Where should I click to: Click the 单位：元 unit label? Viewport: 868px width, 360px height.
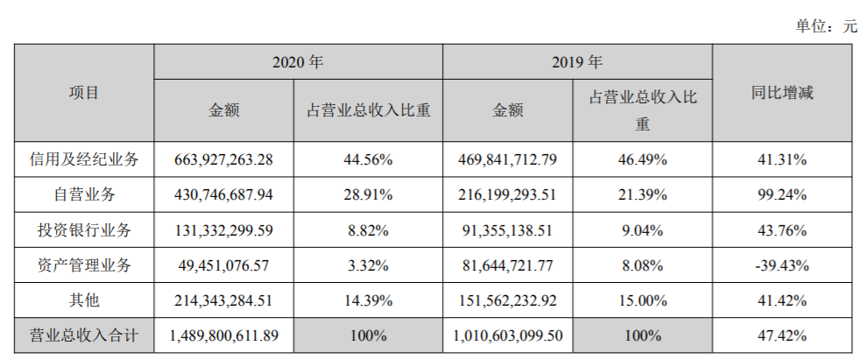coord(826,26)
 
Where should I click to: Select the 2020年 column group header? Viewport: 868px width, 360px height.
coord(298,62)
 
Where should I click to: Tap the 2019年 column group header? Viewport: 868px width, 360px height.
coord(577,62)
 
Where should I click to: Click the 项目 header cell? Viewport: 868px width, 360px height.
coord(84,93)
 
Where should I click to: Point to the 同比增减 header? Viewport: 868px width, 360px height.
coord(783,93)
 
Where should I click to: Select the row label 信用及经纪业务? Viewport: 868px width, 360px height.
coord(84,160)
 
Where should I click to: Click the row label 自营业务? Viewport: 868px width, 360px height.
coord(84,195)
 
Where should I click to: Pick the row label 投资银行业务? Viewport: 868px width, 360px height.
coord(84,230)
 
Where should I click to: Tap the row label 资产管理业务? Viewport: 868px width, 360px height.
coord(84,265)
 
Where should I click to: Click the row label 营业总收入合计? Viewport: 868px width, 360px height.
coord(84,335)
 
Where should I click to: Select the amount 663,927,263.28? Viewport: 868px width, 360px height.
coord(223,160)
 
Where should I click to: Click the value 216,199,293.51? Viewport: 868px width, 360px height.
coord(507,195)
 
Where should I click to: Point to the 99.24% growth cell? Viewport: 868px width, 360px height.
coord(783,195)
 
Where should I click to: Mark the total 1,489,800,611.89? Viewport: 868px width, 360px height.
coord(223,335)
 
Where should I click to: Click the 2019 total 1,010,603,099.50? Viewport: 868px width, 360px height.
coord(507,335)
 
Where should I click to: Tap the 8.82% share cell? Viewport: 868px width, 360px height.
coord(368,230)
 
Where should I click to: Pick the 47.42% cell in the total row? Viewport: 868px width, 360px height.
coord(783,335)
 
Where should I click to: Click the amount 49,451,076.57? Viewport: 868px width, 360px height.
coord(223,265)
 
